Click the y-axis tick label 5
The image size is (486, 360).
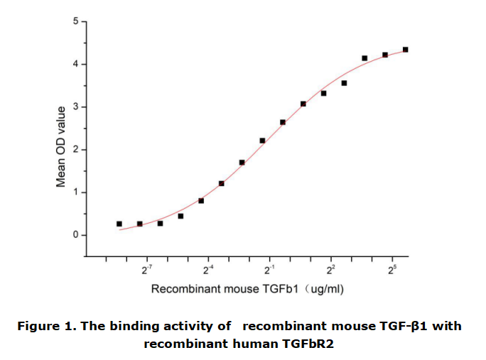click(x=76, y=21)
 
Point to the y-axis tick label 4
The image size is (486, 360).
click(x=76, y=65)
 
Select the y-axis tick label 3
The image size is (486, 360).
click(x=76, y=107)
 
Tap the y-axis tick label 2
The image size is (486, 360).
click(x=76, y=150)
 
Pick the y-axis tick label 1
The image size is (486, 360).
click(x=76, y=192)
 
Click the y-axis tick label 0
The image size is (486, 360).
click(x=76, y=235)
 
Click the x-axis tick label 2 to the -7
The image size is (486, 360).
click(x=147, y=271)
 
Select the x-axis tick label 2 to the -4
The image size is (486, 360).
click(x=208, y=271)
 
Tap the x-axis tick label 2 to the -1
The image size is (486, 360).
click(x=269, y=271)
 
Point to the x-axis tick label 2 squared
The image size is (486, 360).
click(x=330, y=271)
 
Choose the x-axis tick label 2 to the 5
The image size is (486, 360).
click(x=391, y=271)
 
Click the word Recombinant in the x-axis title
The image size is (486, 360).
click(x=183, y=290)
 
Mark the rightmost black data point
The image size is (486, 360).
click(x=405, y=50)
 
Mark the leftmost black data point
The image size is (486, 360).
click(x=119, y=224)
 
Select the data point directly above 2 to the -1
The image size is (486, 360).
click(x=262, y=141)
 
